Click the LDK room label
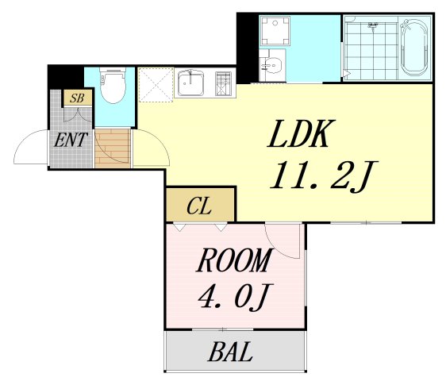[x=302, y=136]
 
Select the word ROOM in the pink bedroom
[x=234, y=261]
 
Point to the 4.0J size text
[x=235, y=298]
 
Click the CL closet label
[x=199, y=206]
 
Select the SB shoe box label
[x=77, y=98]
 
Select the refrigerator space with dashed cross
[x=156, y=84]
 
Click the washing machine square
[x=277, y=30]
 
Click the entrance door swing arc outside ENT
[x=30, y=147]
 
